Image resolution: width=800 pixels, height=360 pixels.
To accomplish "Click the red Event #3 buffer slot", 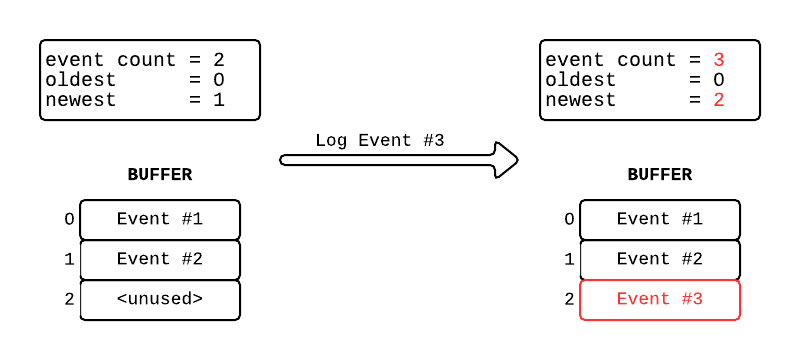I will point(660,299).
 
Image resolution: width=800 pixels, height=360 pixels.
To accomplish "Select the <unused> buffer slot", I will point(160,299).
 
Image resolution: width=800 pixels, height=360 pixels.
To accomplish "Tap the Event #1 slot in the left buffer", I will point(160,219).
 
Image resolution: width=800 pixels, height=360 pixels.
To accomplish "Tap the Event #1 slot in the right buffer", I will point(660,219).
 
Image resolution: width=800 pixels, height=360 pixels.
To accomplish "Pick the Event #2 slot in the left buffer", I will point(160,259).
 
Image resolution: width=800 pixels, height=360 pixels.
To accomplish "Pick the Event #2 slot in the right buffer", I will point(660,259).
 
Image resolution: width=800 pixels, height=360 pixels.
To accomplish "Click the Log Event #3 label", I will point(379,140).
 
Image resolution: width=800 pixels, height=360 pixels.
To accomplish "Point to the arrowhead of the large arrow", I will point(507,159).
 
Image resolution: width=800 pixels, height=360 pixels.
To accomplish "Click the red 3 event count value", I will point(719,60).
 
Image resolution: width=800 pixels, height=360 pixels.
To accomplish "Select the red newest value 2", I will point(719,100).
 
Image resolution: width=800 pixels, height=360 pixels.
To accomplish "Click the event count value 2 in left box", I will point(219,60).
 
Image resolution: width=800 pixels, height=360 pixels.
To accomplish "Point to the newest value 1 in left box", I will point(219,100).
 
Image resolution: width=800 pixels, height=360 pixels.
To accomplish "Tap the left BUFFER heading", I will point(160,175).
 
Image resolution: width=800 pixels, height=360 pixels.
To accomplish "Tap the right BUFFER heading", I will point(660,175).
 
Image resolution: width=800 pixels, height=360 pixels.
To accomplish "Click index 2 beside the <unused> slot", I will point(69,299).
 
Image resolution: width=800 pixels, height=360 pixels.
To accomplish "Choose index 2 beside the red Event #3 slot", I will point(569,299).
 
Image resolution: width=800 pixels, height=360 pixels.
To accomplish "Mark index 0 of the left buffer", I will point(69,219).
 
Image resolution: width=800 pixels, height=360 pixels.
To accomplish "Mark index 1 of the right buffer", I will point(569,259).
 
